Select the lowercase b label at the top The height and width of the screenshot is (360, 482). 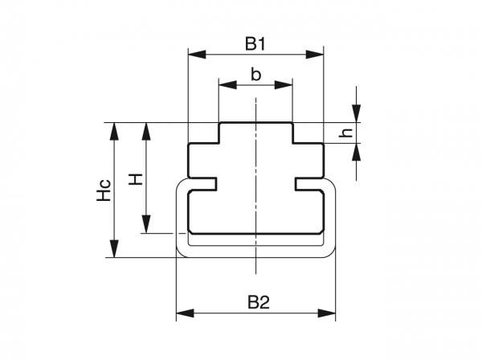pos(255,75)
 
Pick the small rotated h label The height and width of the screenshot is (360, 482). pos(345,133)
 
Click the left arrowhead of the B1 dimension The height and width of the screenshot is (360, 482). pos(194,55)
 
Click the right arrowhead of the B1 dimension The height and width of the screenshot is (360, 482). pos(317,55)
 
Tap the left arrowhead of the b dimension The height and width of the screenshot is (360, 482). pos(225,84)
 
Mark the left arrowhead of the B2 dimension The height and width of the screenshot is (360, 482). pos(182,313)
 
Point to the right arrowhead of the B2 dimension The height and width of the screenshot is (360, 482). pos(329,313)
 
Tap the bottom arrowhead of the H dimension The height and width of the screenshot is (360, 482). pos(146,227)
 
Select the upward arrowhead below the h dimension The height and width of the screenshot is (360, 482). pos(357,149)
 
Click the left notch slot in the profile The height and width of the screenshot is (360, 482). pos(204,184)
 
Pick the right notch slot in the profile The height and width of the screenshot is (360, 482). pos(308,184)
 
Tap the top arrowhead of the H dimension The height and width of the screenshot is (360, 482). pos(146,129)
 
